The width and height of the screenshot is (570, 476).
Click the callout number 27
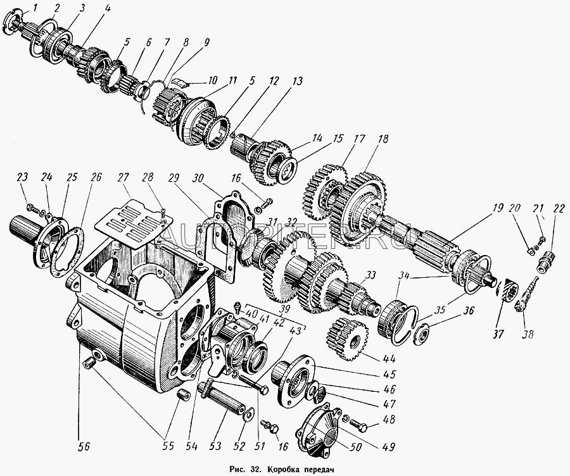click(x=123, y=177)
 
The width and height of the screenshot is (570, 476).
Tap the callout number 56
click(x=84, y=446)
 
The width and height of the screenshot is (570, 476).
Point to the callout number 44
click(x=389, y=359)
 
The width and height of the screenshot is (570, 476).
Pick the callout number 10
click(x=212, y=80)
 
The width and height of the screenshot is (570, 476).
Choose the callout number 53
click(x=215, y=446)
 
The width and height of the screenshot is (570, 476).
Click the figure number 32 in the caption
click(x=255, y=469)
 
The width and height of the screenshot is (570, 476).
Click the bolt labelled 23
click(x=34, y=209)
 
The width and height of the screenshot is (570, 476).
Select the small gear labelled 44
click(x=347, y=339)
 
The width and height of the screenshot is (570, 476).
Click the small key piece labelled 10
click(x=179, y=82)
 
